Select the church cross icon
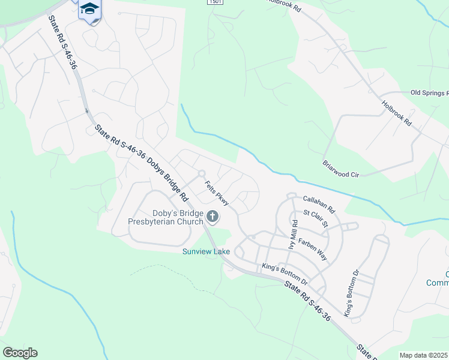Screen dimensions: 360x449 point(212,217)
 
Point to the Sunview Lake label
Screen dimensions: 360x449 point(206,251)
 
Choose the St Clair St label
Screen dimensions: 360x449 point(316,218)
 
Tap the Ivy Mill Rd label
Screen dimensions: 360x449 point(293,235)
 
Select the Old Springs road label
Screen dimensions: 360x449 point(429,93)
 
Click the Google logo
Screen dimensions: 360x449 point(20,353)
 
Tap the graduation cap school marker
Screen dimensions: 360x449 point(89,8)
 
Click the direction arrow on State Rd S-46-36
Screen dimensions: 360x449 point(86,110)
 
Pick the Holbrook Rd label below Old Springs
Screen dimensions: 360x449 point(397,113)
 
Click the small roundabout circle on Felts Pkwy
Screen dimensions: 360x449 point(202,173)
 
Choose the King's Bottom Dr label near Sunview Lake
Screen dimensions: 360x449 point(285,274)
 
